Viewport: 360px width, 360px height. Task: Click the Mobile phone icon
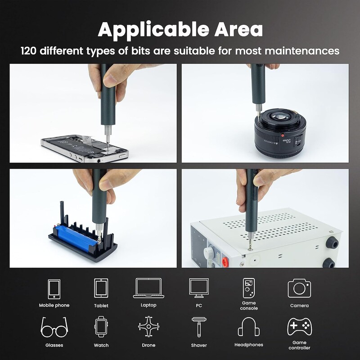click(54, 289)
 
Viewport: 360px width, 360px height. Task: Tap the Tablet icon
click(101, 288)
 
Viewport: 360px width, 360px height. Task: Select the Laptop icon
click(148, 288)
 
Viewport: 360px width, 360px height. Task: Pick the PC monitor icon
click(199, 288)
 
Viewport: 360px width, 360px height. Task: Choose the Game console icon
click(249, 288)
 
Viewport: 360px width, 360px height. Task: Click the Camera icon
click(299, 288)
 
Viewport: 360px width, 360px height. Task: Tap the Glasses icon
click(54, 327)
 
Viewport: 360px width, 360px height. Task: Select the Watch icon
click(101, 327)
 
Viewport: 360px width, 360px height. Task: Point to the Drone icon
click(148, 327)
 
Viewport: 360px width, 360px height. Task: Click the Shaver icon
click(199, 327)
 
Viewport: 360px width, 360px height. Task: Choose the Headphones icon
click(249, 327)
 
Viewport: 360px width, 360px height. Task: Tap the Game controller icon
click(299, 327)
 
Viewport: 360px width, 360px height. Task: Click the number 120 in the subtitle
click(29, 51)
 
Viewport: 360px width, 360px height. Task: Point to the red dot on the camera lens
click(283, 135)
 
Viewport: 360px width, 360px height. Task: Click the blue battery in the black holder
click(75, 237)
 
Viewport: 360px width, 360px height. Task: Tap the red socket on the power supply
click(225, 261)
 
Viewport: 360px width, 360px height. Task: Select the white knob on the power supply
click(209, 253)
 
